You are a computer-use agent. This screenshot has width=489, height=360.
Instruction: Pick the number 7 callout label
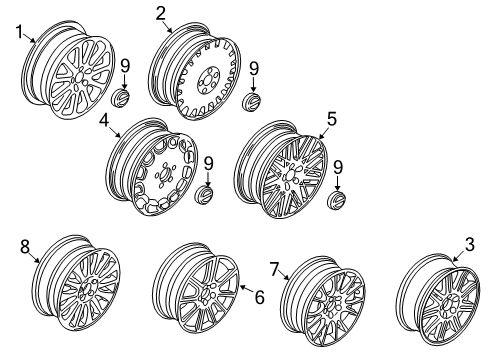tap(273, 267)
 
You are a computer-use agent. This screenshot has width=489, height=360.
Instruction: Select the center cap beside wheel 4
tap(206, 193)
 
